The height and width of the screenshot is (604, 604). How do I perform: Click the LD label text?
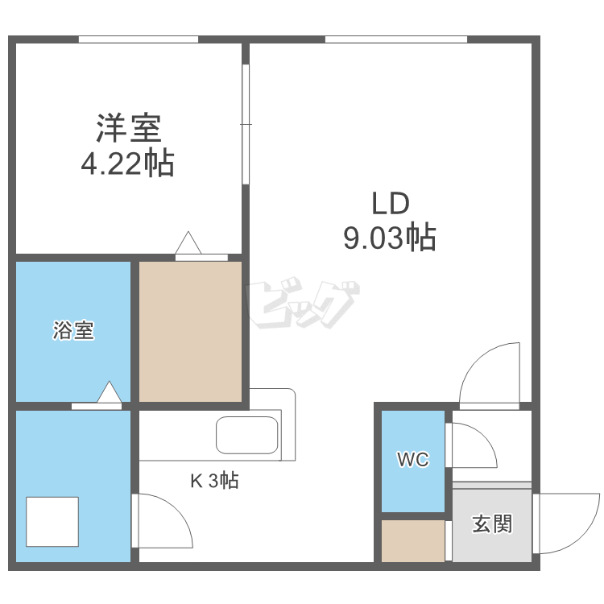click(391, 203)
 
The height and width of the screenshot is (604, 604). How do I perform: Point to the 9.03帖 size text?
click(391, 238)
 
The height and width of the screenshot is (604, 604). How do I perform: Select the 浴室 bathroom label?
click(74, 330)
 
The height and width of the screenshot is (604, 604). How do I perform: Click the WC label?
click(412, 460)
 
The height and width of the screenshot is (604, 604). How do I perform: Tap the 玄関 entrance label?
click(491, 524)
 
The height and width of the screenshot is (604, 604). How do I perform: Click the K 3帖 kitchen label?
click(213, 482)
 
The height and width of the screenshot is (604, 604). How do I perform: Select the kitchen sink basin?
click(247, 436)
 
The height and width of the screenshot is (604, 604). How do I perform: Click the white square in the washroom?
click(52, 522)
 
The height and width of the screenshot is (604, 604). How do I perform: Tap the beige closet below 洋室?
click(191, 331)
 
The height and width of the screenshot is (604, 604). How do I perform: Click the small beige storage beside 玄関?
click(412, 541)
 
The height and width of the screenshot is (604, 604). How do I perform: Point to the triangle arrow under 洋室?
click(189, 242)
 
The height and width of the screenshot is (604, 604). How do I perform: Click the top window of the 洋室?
click(139, 39)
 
